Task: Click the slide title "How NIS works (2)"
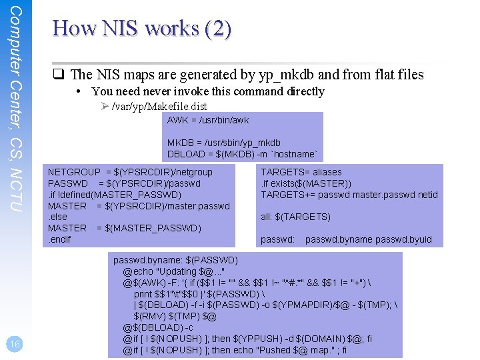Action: tap(142, 29)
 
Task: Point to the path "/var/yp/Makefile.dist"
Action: tap(159, 106)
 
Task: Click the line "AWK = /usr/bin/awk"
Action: tap(207, 120)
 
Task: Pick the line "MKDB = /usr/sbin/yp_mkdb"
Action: tap(223, 143)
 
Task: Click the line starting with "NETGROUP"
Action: tap(130, 172)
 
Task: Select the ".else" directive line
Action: tap(58, 217)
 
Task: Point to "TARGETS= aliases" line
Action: tap(301, 172)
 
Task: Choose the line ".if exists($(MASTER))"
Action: tap(306, 183)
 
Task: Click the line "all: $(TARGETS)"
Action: tap(295, 217)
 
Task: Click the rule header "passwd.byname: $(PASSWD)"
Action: tap(175, 260)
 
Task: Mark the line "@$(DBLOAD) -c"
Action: tap(158, 327)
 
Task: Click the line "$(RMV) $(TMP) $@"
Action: tap(175, 316)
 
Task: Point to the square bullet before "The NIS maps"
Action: tap(59, 75)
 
